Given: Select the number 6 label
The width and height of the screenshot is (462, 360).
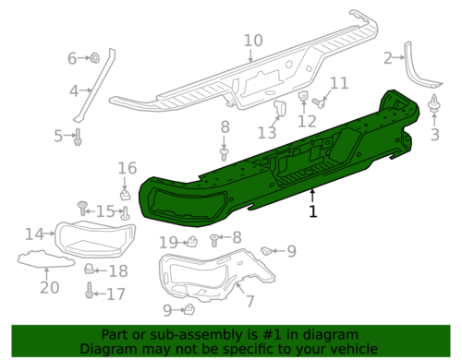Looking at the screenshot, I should click(x=73, y=59).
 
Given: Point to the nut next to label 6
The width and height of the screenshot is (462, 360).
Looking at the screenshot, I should click(x=95, y=59).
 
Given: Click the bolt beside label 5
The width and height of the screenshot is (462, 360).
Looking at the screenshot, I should click(x=79, y=138).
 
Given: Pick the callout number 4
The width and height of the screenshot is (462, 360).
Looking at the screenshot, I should click(x=74, y=90).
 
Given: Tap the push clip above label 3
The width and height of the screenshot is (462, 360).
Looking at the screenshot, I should click(x=434, y=109).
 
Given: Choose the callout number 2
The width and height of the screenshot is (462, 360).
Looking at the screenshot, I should click(x=388, y=59).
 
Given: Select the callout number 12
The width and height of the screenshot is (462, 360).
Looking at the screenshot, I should click(x=307, y=121).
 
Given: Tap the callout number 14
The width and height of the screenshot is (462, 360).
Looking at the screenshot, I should click(x=33, y=234).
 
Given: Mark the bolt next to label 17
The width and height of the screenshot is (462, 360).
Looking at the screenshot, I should click(x=90, y=294).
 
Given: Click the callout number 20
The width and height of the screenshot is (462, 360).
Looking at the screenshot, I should click(x=49, y=288).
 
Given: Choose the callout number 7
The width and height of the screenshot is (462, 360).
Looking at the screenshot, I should click(x=248, y=301).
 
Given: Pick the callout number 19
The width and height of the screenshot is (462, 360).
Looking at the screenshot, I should click(x=167, y=243).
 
